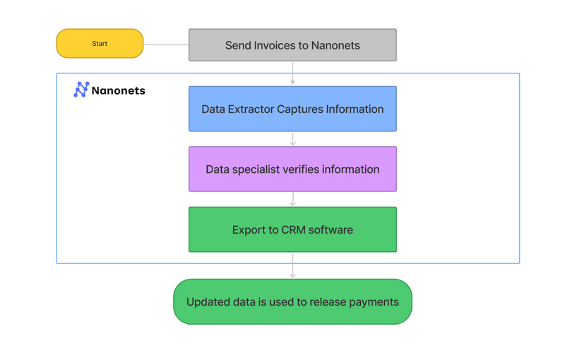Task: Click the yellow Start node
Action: click(x=100, y=44)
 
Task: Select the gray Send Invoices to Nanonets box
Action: click(x=292, y=45)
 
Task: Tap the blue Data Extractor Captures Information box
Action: click(x=292, y=109)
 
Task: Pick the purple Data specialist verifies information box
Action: click(x=292, y=169)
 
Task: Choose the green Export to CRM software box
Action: click(x=292, y=229)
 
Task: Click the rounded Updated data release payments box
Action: click(x=292, y=302)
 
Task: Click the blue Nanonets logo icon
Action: click(x=81, y=90)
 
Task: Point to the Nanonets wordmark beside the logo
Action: click(x=119, y=90)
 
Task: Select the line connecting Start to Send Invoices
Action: click(x=166, y=44)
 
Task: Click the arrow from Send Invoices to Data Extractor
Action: click(x=292, y=73)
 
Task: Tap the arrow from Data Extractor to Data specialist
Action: click(x=292, y=139)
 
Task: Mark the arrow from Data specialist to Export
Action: click(x=292, y=199)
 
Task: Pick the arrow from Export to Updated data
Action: click(x=292, y=265)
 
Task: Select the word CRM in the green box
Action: click(x=295, y=230)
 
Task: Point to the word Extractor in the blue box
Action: click(x=255, y=109)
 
